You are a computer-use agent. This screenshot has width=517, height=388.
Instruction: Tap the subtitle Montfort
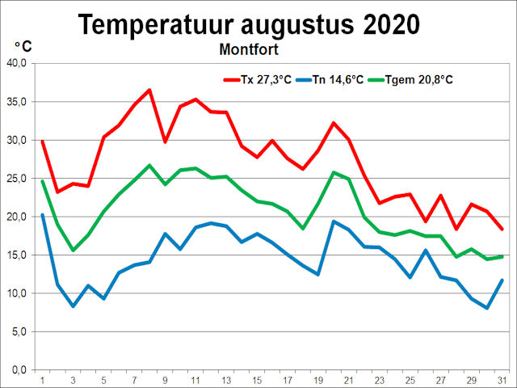click(x=249, y=49)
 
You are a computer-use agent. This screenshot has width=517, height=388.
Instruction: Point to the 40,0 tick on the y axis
click(x=16, y=63)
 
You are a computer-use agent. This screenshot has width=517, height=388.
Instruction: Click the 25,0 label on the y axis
click(x=16, y=178)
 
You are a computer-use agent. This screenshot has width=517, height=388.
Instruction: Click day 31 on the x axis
click(x=502, y=379)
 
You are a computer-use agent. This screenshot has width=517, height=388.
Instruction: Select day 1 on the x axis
click(x=42, y=379)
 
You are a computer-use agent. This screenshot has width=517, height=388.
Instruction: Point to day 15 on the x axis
click(x=256, y=379)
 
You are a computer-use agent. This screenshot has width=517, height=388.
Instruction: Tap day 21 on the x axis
click(x=348, y=379)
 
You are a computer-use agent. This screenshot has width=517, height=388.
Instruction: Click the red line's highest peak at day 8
click(x=149, y=90)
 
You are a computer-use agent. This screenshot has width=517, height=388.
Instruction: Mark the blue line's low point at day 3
click(x=73, y=306)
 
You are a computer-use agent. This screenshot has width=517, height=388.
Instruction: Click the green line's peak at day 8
click(x=149, y=165)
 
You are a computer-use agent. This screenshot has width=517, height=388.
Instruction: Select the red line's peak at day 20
click(x=333, y=123)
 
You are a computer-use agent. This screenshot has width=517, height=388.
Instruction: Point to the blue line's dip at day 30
click(x=486, y=308)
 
